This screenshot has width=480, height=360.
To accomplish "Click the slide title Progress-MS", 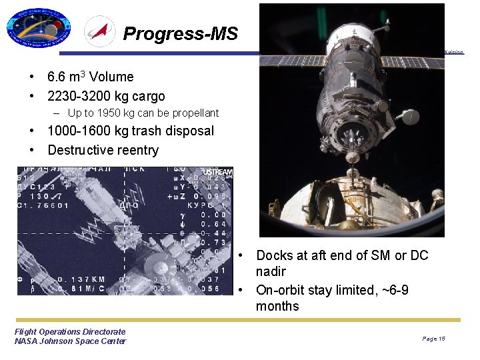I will point(180,33).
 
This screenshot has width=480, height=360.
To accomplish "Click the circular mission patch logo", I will point(38,29).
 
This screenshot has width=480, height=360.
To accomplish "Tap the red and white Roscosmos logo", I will point(99,32).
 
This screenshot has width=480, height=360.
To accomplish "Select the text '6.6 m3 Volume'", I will point(90,77).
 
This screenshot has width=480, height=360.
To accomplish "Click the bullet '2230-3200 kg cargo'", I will point(105,96).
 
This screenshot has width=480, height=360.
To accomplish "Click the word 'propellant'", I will point(193,113).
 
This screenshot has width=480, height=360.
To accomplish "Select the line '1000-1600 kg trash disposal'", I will point(131,131).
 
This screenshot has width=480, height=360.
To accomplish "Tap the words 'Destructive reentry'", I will point(103,150).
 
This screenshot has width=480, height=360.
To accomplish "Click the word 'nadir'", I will point(271,271).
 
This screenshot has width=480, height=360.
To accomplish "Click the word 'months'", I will point(277,306).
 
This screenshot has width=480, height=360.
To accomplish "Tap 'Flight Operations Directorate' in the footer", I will point(70,331).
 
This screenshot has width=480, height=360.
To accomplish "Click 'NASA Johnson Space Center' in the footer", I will point(70,341).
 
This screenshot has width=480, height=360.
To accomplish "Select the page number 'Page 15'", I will point(433,339).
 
